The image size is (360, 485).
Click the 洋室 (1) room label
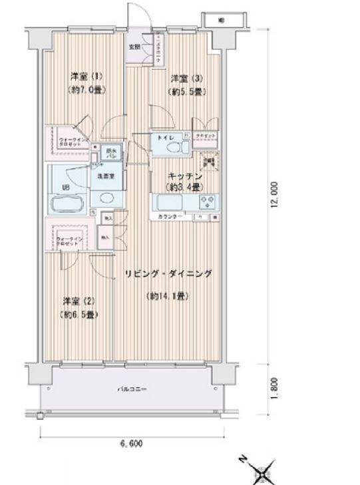click(x=87, y=76)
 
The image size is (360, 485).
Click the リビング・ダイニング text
click(x=167, y=273)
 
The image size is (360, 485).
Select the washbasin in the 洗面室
click(x=104, y=196)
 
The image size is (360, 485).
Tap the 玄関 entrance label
click(x=134, y=47)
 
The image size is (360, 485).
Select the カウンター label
click(x=170, y=218)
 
